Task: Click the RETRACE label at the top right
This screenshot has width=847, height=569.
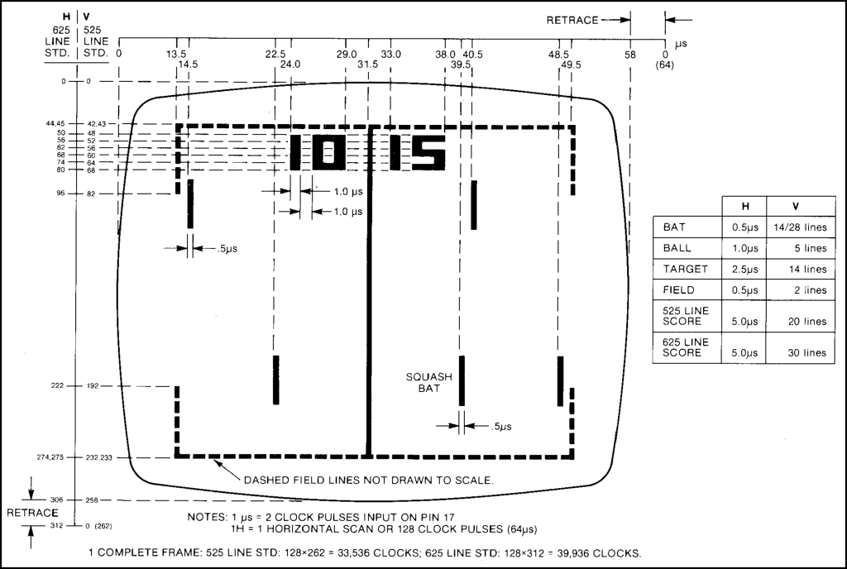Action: tap(572, 20)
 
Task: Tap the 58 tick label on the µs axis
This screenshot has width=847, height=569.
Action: tap(630, 54)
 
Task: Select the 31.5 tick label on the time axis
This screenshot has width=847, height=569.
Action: tap(367, 65)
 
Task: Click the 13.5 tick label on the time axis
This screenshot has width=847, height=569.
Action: tap(176, 54)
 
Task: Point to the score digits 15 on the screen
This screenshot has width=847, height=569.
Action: tap(417, 152)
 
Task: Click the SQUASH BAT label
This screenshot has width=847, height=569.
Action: tap(428, 382)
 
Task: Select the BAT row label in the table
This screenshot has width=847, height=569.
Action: tap(675, 227)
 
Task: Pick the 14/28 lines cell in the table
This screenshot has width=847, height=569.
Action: tap(797, 227)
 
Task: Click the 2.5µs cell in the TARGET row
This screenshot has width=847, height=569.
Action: tap(740, 269)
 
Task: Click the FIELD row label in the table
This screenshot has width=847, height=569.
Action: tap(679, 290)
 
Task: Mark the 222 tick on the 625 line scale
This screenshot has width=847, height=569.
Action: tap(58, 386)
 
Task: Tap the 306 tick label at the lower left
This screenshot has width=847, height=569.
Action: tap(58, 500)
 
